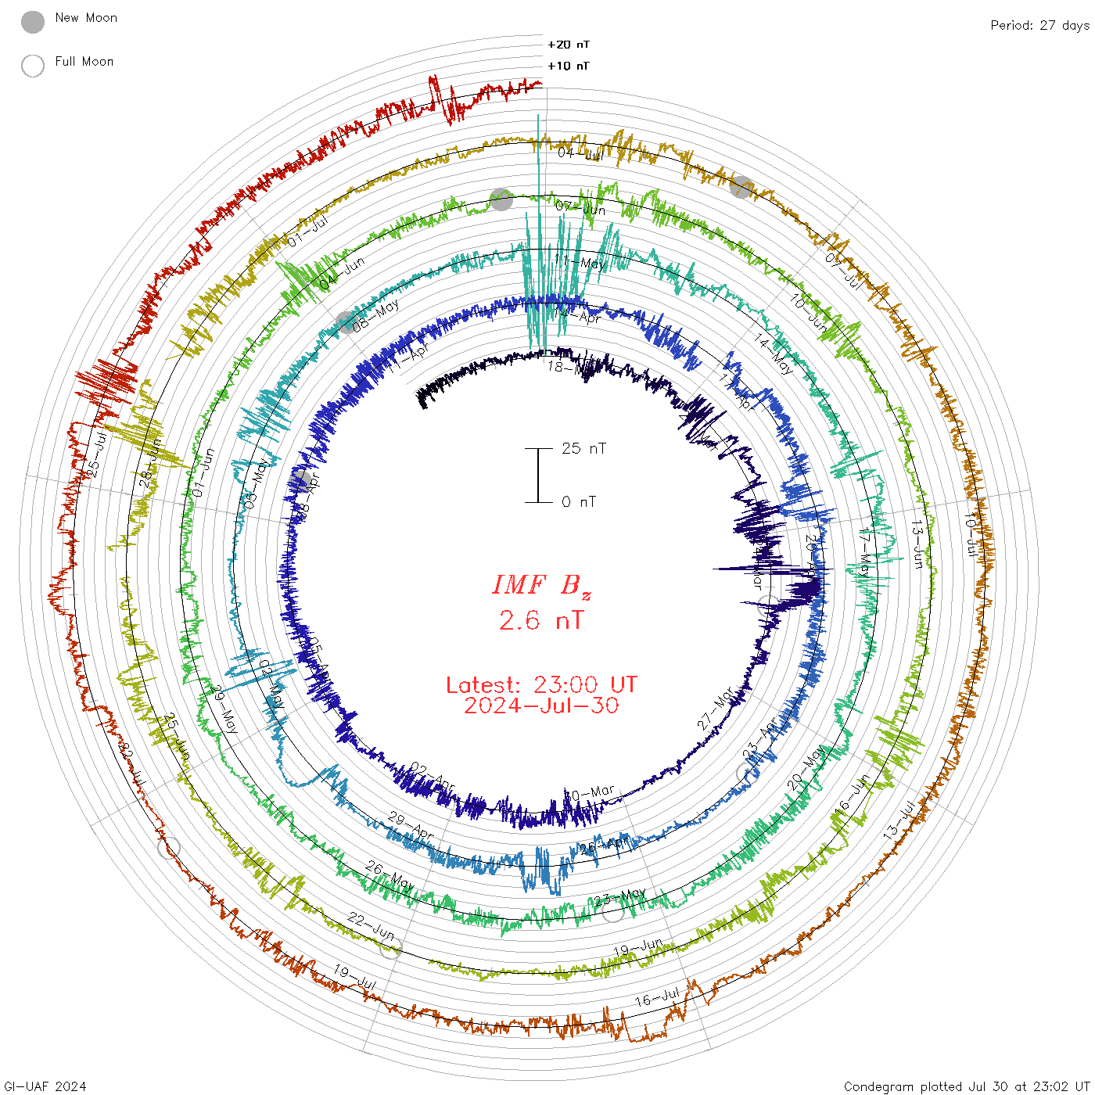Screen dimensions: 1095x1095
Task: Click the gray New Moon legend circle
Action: point(33,23)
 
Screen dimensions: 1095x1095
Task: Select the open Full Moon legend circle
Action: point(33,66)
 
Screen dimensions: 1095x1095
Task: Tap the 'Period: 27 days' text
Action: point(1039,25)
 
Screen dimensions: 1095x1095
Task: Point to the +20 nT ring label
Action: point(569,45)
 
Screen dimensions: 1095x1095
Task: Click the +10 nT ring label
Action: point(569,66)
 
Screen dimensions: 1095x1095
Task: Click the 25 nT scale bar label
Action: point(583,448)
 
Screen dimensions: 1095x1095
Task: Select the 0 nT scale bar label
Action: point(578,501)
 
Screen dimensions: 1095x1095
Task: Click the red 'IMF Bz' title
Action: point(541,585)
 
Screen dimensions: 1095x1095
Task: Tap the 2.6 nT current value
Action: point(541,621)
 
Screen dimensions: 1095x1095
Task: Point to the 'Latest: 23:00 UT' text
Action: point(541,685)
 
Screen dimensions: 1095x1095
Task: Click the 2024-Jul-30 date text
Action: point(541,705)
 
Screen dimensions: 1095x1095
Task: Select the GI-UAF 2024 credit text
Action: point(45,1086)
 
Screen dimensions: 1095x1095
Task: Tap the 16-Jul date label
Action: point(657,998)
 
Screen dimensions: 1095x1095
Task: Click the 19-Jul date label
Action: point(355,976)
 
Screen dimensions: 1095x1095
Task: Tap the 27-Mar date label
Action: point(716,709)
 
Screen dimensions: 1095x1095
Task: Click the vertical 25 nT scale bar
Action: point(538,475)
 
